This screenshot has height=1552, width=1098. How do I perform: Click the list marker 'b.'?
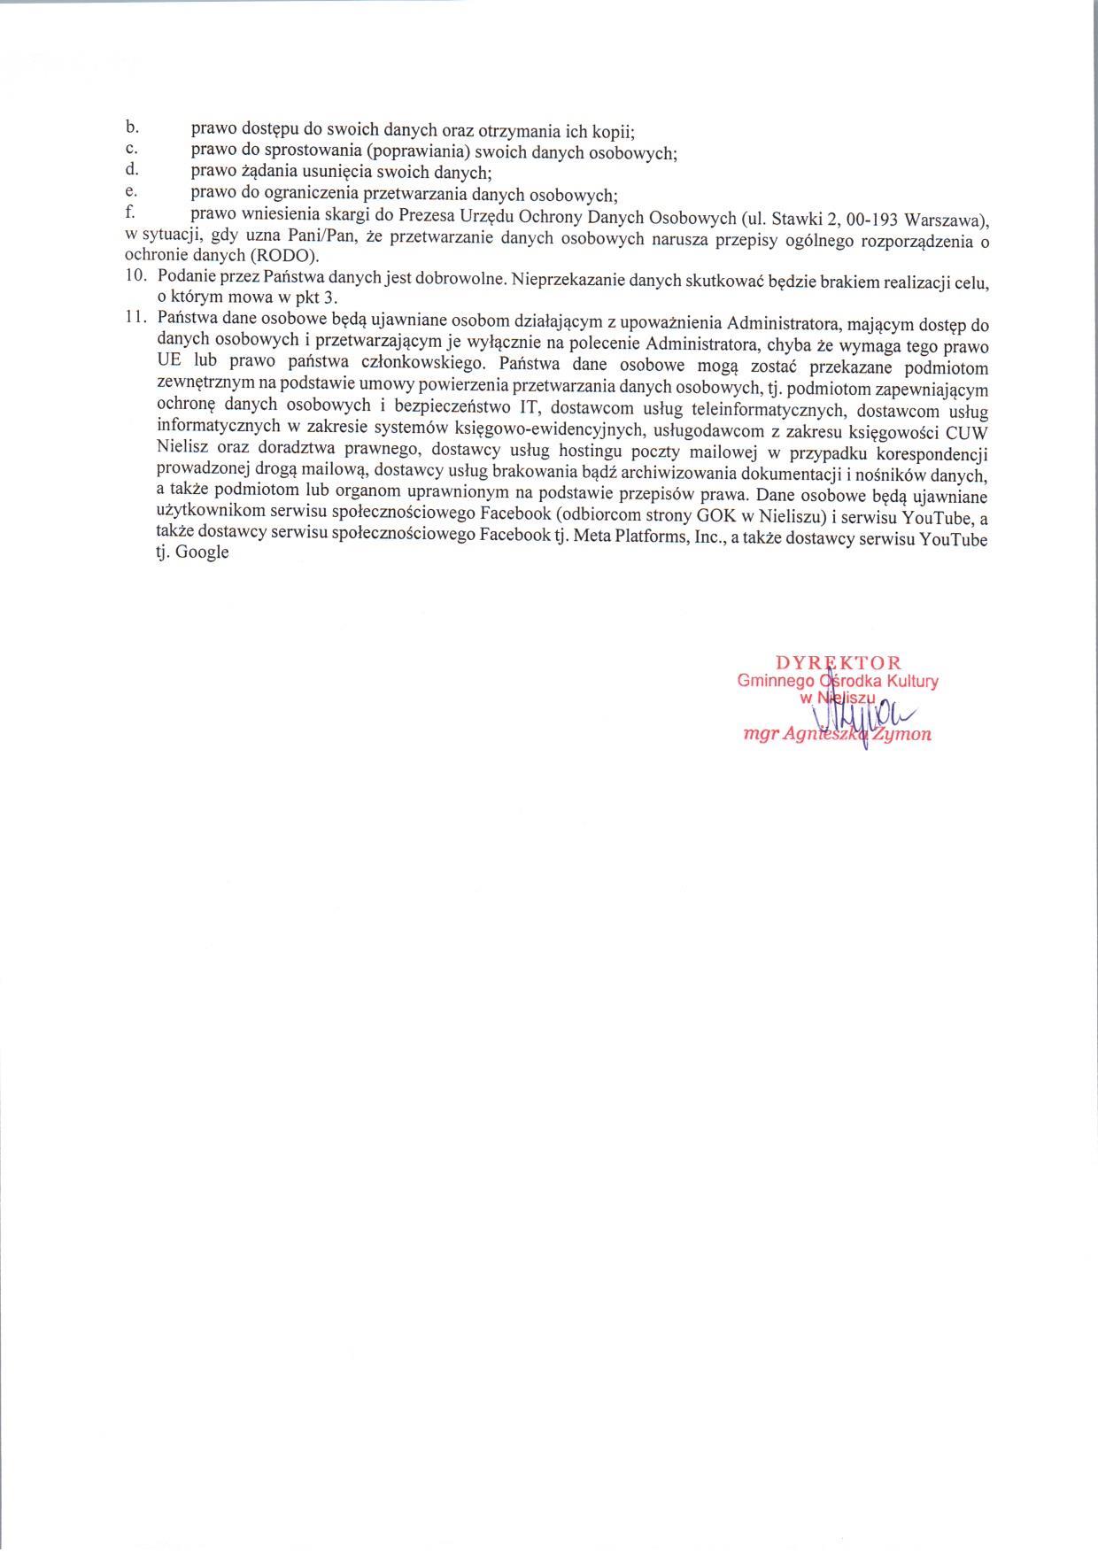pos(131,129)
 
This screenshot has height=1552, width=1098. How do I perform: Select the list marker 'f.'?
pos(130,213)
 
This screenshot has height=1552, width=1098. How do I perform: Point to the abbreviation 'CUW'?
pos(969,432)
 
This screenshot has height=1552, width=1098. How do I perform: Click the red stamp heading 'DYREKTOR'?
pos(838,662)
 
